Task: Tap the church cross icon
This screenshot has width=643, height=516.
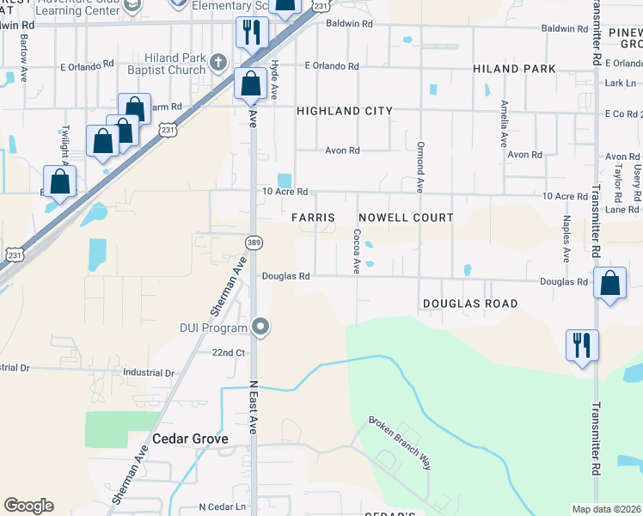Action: click(x=219, y=62)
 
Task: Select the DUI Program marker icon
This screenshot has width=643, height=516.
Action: click(x=261, y=326)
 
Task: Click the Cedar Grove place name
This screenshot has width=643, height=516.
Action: click(x=190, y=439)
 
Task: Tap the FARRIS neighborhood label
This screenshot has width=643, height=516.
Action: click(x=313, y=218)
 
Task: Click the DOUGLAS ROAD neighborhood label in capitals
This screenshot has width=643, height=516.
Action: click(x=470, y=304)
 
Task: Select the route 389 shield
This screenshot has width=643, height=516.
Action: click(x=253, y=243)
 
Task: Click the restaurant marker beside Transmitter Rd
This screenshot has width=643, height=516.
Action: click(x=582, y=346)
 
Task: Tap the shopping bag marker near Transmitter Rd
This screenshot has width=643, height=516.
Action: click(x=609, y=283)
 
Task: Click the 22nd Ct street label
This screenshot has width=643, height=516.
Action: click(x=229, y=353)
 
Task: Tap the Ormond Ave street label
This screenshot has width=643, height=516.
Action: click(x=420, y=167)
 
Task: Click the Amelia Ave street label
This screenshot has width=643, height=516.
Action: click(x=505, y=122)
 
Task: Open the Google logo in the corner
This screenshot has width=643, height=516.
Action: click(x=28, y=506)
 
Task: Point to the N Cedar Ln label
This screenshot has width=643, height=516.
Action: click(x=222, y=507)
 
